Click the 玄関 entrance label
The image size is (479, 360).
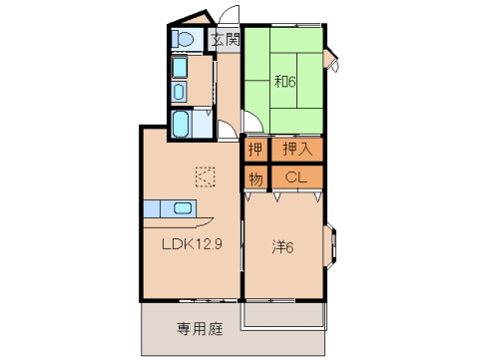coord(226,40)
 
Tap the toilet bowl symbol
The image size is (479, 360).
coord(182,40)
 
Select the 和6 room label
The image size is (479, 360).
coord(284,82)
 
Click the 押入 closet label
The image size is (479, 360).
coord(297,150)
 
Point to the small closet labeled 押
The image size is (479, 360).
coord(254,150)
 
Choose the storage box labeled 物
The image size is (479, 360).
coord(254,179)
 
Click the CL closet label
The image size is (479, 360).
coord(296,179)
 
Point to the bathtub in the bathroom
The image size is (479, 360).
coord(183,125)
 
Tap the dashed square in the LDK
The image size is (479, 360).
coord(205,176)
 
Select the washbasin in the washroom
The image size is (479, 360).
coord(180,92)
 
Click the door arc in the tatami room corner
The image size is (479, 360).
coord(253,124)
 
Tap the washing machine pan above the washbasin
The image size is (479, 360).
coord(180,68)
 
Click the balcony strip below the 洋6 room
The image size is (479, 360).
coord(285,311)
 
